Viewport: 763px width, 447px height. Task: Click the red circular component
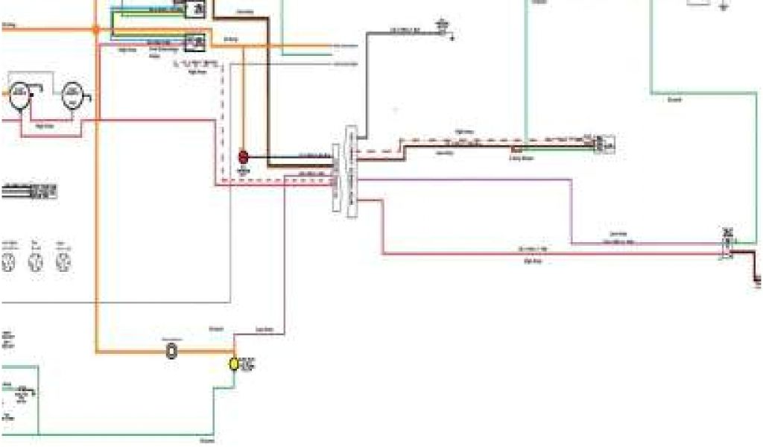pos(242,156)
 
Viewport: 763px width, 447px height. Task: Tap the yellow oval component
pos(233,364)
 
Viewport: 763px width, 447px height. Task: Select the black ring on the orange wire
pos(171,349)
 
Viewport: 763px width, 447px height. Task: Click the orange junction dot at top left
pos(95,30)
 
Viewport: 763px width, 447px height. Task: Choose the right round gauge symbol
pos(72,96)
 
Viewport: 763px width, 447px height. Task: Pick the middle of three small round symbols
pos(36,261)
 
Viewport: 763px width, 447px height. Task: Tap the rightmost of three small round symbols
pos(63,261)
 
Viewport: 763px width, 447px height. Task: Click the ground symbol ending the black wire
pos(445,29)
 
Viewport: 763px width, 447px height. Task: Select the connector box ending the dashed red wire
pos(604,143)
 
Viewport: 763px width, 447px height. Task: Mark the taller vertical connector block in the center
pos(352,171)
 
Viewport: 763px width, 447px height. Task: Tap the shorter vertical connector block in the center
pos(336,179)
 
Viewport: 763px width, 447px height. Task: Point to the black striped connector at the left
pos(30,191)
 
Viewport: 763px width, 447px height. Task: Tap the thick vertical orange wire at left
pos(96,223)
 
